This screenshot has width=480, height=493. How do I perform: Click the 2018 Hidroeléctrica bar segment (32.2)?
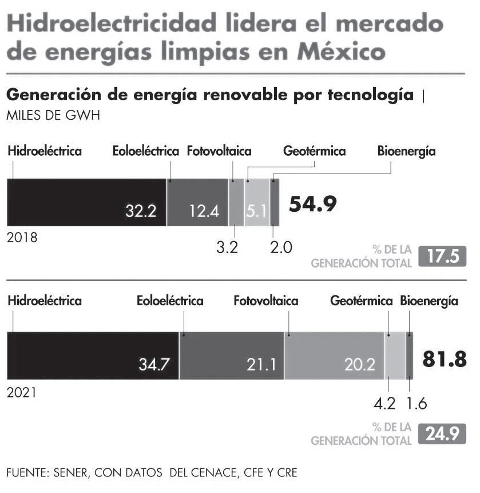click(86, 202)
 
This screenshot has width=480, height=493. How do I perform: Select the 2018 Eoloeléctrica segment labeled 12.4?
click(197, 202)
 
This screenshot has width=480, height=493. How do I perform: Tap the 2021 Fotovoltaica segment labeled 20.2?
click(334, 356)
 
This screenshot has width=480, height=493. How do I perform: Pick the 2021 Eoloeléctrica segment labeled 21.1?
click(232, 356)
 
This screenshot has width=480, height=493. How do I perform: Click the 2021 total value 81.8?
click(445, 359)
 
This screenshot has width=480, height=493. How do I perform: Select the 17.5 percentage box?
click(443, 257)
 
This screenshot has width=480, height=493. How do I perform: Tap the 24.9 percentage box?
click(443, 433)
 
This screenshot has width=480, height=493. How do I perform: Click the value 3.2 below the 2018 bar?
click(227, 247)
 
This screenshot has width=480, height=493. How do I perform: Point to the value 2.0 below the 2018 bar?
click(281, 247)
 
